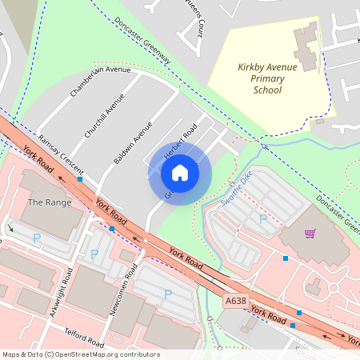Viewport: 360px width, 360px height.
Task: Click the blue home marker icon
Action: tap(179, 172)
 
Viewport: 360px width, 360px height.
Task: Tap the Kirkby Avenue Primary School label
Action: tap(267, 78)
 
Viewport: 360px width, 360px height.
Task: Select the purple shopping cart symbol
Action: tap(309, 234)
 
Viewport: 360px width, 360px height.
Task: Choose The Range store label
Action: tap(44, 202)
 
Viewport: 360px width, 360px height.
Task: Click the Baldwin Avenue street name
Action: tap(133, 142)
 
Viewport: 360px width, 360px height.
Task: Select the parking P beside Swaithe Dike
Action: tap(262, 218)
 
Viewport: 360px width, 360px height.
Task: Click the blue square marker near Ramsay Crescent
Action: tap(80, 179)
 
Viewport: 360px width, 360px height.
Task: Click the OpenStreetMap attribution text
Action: tap(81, 354)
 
